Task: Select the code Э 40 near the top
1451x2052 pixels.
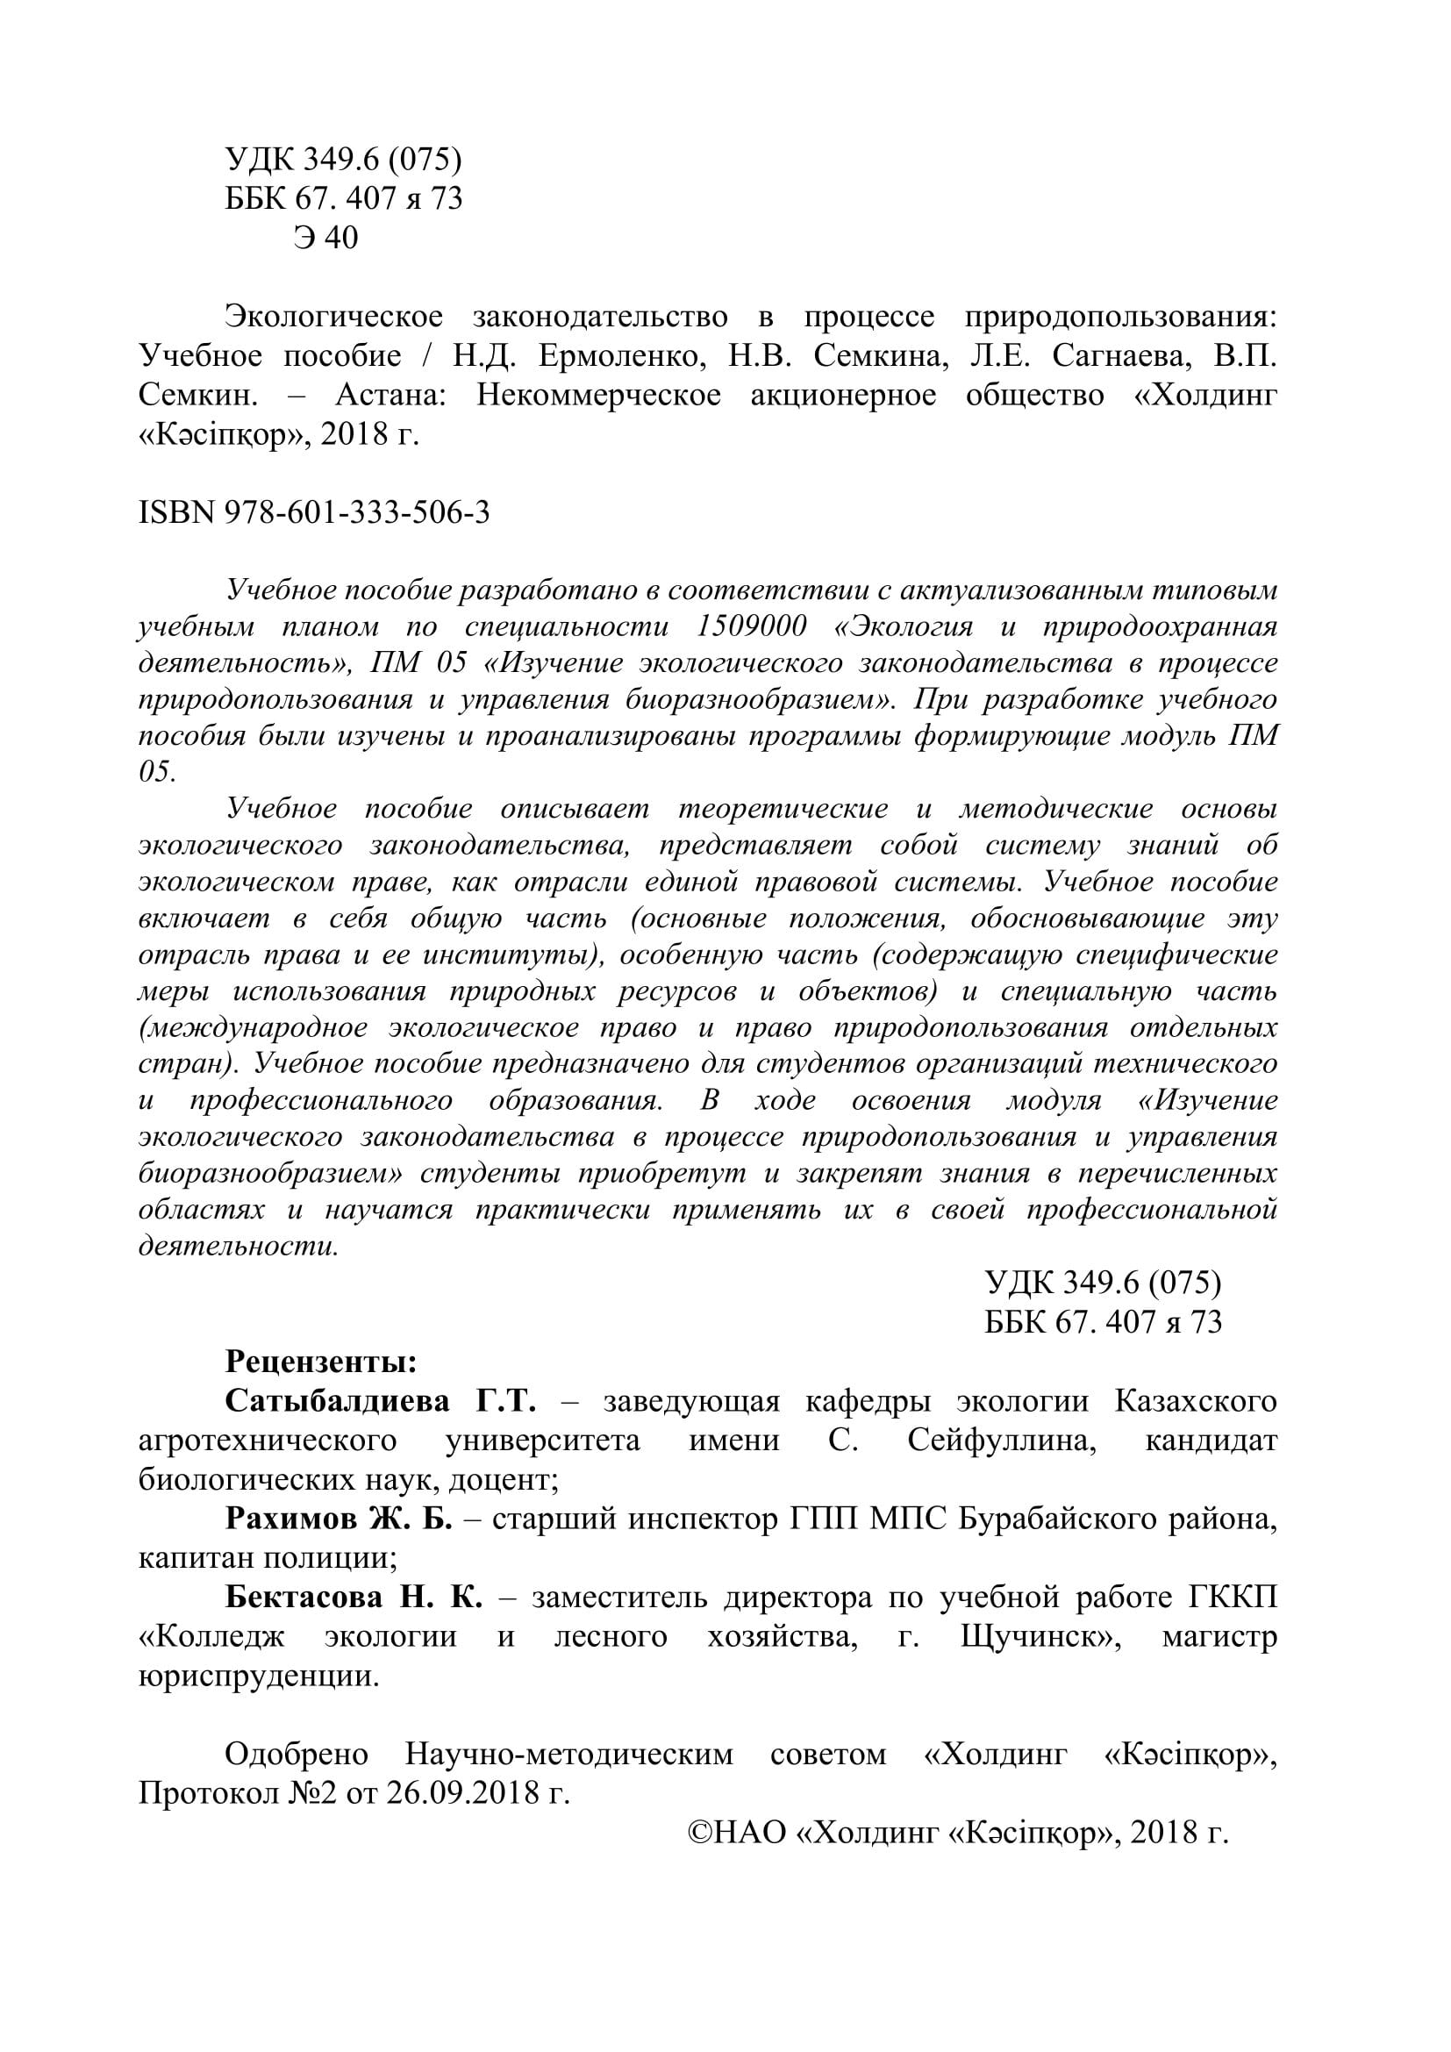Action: tap(325, 237)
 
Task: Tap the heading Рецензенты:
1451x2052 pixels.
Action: tap(321, 1362)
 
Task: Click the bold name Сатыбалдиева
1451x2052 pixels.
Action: tap(338, 1400)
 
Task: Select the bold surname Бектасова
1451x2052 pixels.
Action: tap(303, 1597)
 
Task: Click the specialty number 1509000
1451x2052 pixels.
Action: tap(751, 626)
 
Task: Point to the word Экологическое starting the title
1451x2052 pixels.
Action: tap(334, 317)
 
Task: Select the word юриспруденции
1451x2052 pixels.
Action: tap(259, 1676)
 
